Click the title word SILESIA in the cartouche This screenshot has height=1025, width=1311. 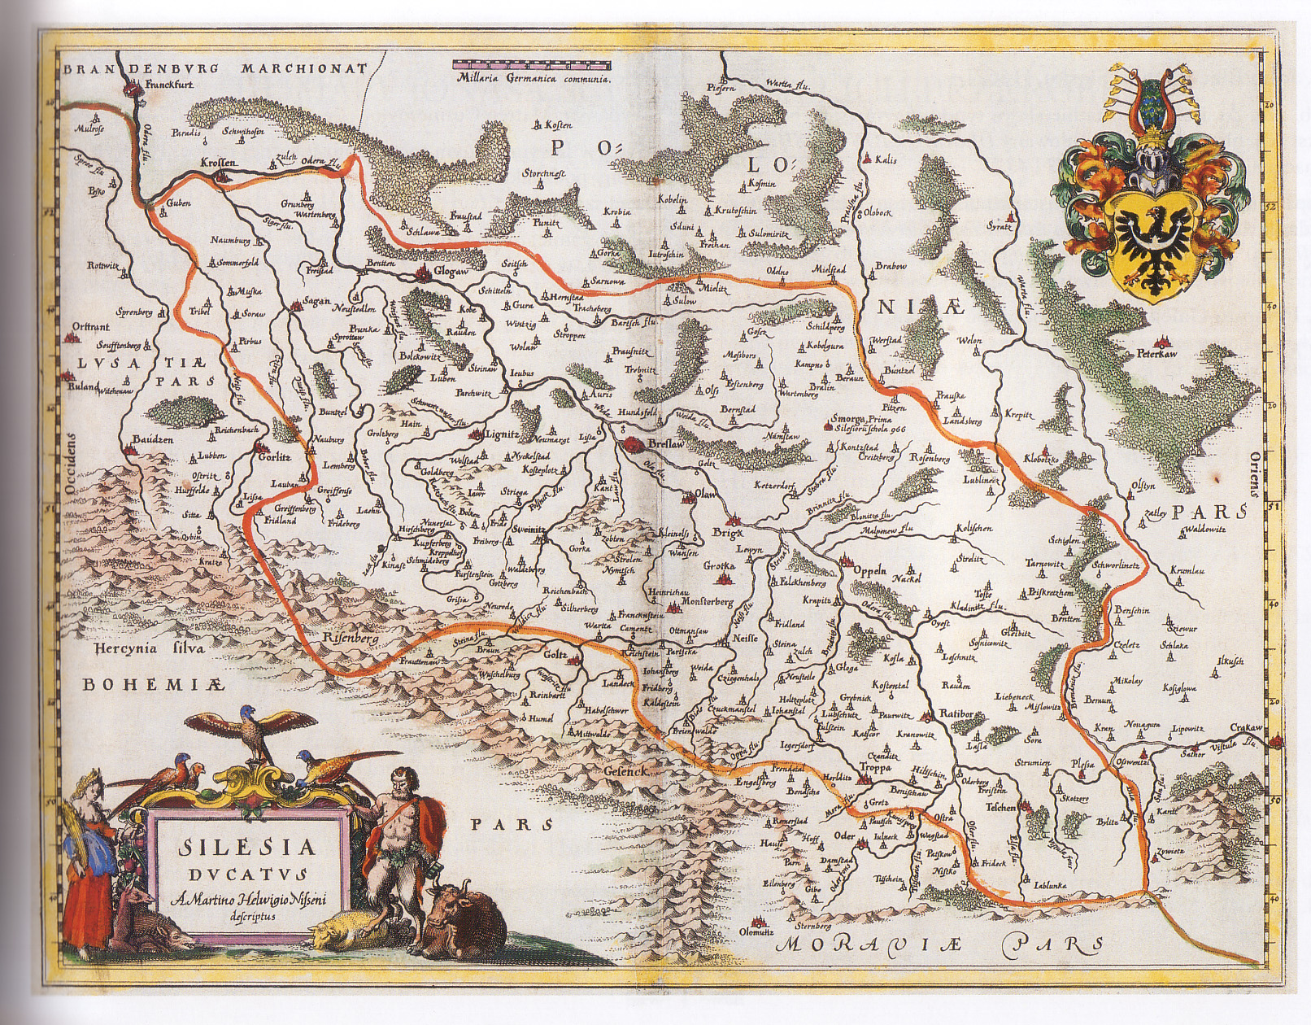[249, 848]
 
